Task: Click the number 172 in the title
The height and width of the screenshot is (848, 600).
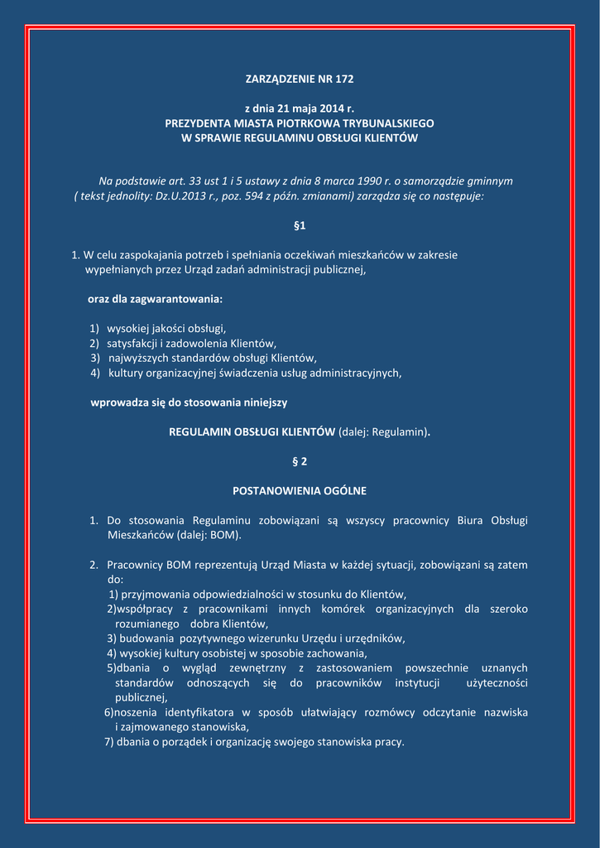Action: click(343, 79)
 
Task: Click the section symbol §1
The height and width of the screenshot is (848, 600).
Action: click(300, 225)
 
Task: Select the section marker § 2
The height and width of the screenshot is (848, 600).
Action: click(300, 460)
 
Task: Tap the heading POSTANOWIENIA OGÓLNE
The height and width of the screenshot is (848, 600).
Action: click(300, 491)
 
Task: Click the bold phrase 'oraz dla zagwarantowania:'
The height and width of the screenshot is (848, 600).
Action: click(155, 298)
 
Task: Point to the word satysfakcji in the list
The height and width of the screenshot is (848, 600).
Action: click(132, 344)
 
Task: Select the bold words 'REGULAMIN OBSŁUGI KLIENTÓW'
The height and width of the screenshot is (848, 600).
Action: click(252, 431)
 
